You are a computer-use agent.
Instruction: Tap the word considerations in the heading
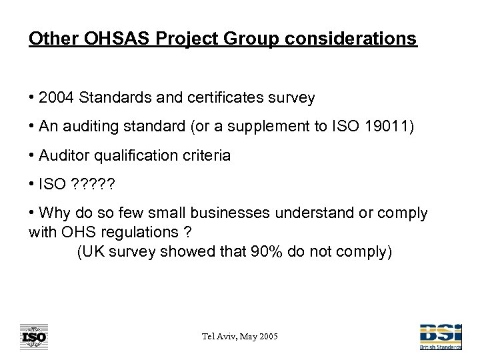[351, 38]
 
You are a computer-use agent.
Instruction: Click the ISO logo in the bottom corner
[33, 337]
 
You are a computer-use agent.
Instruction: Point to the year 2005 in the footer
[267, 337]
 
